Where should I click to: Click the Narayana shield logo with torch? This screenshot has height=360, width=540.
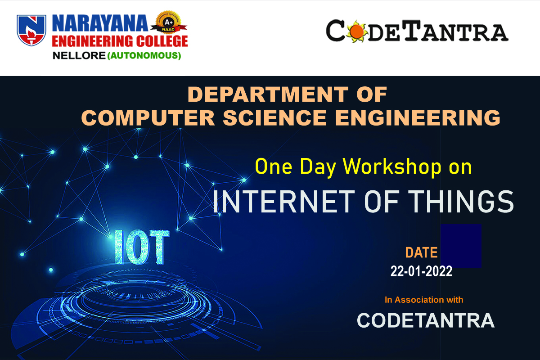pyautogui.click(x=31, y=30)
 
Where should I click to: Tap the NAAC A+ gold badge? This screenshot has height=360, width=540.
pyautogui.click(x=169, y=22)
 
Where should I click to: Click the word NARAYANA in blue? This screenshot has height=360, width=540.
pyautogui.click(x=100, y=23)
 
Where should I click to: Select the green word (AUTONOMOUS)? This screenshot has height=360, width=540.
pyautogui.click(x=144, y=56)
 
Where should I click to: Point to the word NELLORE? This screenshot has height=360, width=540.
pyautogui.click(x=79, y=56)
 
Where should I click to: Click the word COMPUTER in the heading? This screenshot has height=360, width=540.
pyautogui.click(x=148, y=118)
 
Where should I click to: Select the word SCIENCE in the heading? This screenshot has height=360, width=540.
pyautogui.click(x=275, y=118)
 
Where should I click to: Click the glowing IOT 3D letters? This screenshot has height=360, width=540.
pyautogui.click(x=142, y=247)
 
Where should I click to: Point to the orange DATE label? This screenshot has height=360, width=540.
pyautogui.click(x=421, y=252)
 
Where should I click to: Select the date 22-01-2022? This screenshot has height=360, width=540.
pyautogui.click(x=421, y=271)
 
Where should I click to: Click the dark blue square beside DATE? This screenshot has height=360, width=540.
pyautogui.click(x=461, y=246)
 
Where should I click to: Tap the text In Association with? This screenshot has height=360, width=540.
pyautogui.click(x=424, y=300)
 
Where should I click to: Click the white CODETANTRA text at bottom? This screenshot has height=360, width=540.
pyautogui.click(x=426, y=320)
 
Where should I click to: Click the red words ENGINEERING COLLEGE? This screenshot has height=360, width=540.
pyautogui.click(x=120, y=41)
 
